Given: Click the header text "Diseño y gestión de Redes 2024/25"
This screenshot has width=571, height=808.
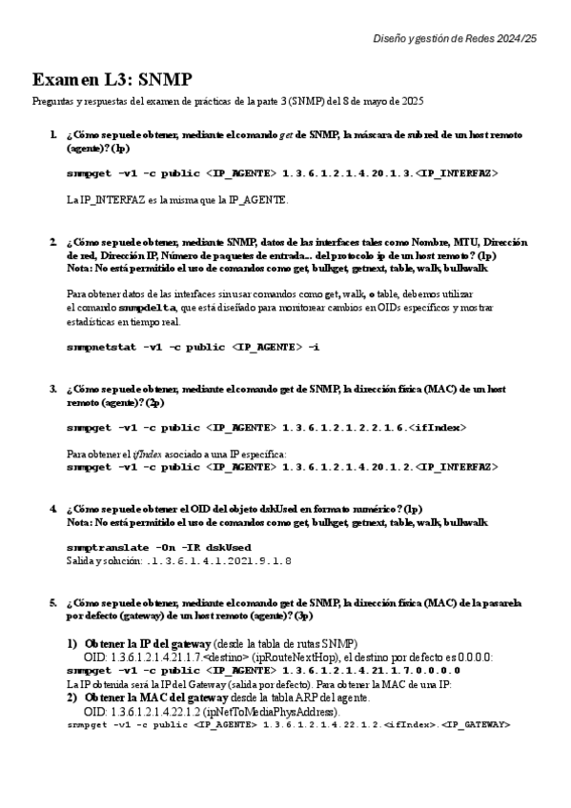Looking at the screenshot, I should pyautogui.click(x=455, y=37).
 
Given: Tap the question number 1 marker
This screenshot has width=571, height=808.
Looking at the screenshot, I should pyautogui.click(x=53, y=135).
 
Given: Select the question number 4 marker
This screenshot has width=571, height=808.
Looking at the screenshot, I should pyautogui.click(x=53, y=509).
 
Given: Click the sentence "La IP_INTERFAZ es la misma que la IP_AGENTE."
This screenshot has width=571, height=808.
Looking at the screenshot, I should pyautogui.click(x=177, y=201).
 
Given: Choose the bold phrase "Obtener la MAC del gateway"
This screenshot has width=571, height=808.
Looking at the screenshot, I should pyautogui.click(x=153, y=697).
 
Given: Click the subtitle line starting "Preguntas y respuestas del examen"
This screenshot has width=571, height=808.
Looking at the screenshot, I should pyautogui.click(x=227, y=101).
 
